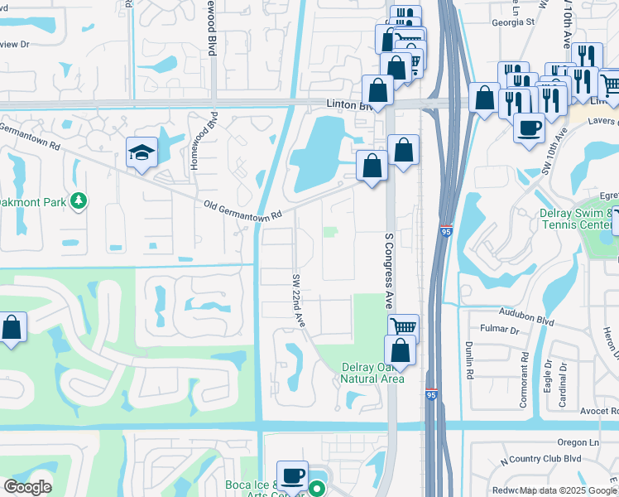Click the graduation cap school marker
click(x=142, y=152)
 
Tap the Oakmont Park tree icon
click(x=79, y=200)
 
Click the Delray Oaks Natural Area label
click(x=372, y=373)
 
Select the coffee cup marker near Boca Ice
click(x=291, y=475)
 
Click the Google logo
click(x=27, y=487)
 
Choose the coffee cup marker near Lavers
click(x=529, y=128)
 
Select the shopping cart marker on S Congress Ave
click(x=403, y=328)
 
